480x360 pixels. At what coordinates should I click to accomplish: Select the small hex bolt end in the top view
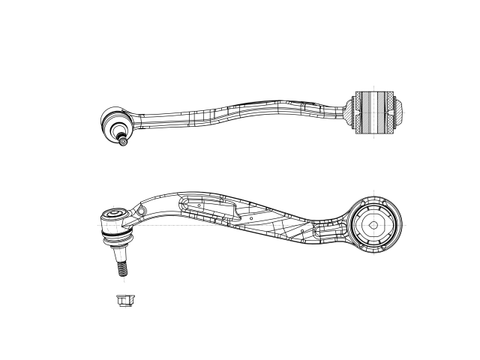point(123,142)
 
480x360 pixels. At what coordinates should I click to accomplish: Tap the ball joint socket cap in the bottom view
point(114,216)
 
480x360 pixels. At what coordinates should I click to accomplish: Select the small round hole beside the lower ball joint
point(139,213)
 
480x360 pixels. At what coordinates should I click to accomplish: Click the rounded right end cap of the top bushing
point(401,113)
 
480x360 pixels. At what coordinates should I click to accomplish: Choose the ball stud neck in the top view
point(121,134)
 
